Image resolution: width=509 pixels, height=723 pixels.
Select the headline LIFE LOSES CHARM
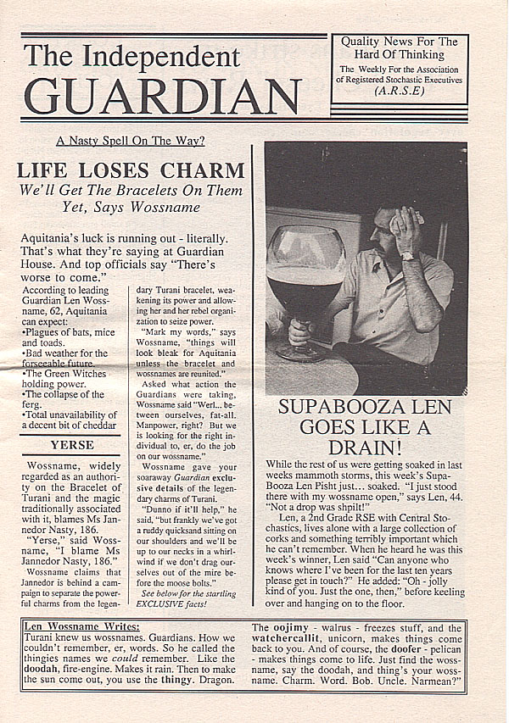(x=132, y=170)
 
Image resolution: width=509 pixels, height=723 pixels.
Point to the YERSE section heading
(x=72, y=445)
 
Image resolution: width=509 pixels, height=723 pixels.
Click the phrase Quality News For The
(x=398, y=41)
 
